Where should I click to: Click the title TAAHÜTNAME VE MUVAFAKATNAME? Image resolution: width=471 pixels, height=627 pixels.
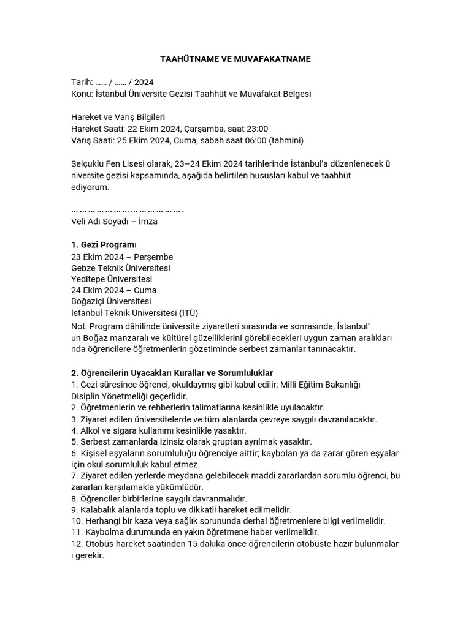235,59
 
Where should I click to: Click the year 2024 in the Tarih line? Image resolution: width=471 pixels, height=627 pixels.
144,82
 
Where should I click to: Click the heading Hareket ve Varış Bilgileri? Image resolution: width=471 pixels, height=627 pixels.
118,117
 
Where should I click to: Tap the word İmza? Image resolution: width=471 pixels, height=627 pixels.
148,222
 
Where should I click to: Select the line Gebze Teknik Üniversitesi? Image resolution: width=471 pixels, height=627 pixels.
121,268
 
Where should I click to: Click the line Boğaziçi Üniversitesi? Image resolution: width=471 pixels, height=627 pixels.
111,301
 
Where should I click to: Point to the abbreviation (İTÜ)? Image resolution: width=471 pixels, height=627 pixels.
186,313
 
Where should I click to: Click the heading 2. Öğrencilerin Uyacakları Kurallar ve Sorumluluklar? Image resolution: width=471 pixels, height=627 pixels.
172,373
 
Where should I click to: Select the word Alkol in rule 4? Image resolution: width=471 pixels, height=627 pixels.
92,430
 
